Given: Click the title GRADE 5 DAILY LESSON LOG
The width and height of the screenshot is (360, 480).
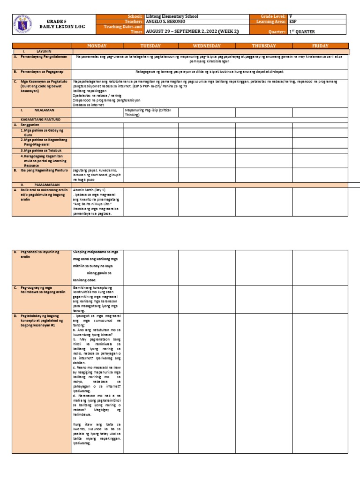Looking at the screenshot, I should [60, 24].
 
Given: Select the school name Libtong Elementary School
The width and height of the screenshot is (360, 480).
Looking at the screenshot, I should [172, 16].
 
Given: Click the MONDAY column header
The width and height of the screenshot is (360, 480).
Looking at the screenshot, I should [97, 46].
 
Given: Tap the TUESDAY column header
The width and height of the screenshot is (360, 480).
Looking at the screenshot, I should [150, 46].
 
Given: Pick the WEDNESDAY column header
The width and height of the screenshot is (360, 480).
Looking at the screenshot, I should [207, 46].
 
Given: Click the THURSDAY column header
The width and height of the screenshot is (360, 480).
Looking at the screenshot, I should [264, 46].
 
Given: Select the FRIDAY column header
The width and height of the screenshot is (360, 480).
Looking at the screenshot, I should [320, 46].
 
